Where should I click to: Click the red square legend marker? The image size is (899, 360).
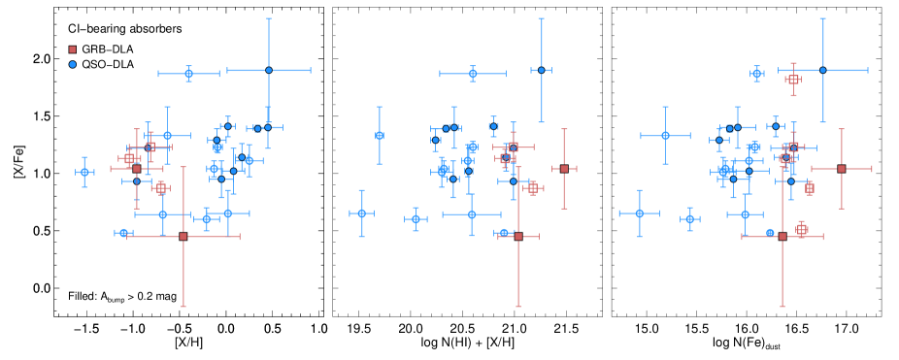click(x=72, y=49)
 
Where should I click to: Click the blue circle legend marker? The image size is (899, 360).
click(x=72, y=64)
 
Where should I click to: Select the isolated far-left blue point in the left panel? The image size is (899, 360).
click(x=84, y=172)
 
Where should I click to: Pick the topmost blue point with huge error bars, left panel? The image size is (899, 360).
click(x=269, y=70)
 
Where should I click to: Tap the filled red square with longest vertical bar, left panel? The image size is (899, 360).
click(x=183, y=236)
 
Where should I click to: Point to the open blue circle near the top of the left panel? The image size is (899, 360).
click(x=188, y=73)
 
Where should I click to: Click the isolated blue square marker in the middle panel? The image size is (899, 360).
click(x=380, y=136)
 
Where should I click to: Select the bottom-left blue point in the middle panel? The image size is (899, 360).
click(x=361, y=213)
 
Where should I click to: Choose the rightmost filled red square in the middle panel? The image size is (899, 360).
click(x=564, y=169)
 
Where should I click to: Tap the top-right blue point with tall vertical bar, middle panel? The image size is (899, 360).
click(x=541, y=70)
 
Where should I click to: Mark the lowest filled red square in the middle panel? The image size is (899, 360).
click(x=518, y=236)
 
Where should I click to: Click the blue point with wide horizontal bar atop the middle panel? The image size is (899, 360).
click(x=473, y=73)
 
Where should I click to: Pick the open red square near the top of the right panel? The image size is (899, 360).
click(x=793, y=80)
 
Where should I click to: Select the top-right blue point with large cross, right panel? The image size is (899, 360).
click(x=822, y=70)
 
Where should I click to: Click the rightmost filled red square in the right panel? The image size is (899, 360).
click(x=842, y=169)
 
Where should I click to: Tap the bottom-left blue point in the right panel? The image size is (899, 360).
click(x=639, y=213)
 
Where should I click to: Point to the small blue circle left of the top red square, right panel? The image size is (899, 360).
click(x=757, y=73)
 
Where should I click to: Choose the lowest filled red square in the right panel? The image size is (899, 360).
click(x=782, y=236)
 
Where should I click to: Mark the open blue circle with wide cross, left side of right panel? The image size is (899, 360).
click(x=665, y=136)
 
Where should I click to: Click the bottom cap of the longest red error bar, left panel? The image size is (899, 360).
click(x=183, y=307)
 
